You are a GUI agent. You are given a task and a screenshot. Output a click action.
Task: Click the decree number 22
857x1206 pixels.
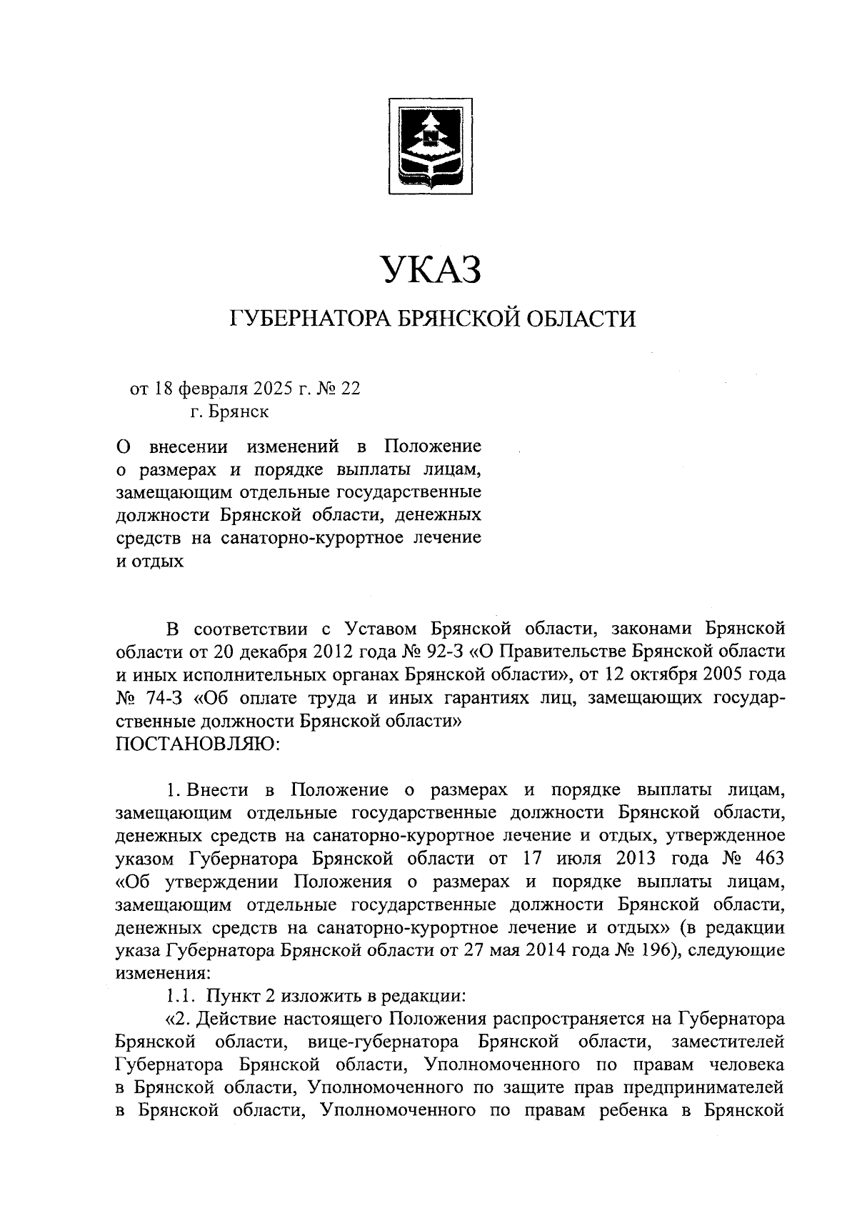pyautogui.click(x=351, y=389)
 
